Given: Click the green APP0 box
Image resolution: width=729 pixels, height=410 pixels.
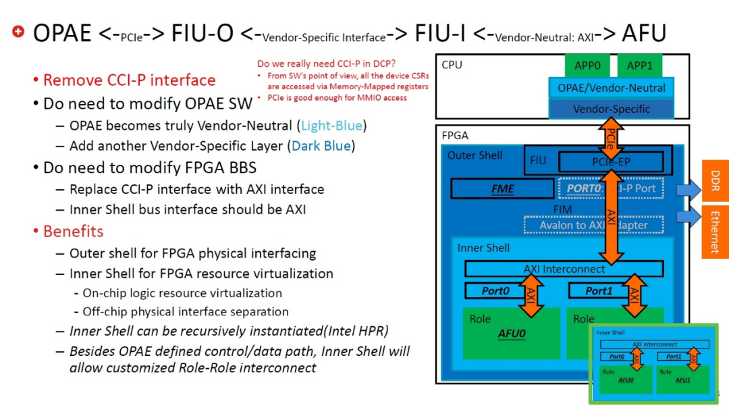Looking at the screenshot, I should (587, 66).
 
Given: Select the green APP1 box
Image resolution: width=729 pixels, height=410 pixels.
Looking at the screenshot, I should (639, 66).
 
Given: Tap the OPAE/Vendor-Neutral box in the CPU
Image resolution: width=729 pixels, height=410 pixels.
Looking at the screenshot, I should (610, 88).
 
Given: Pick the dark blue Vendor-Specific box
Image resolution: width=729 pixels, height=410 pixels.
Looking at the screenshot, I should (612, 109).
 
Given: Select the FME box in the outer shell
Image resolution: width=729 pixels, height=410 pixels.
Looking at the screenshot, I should (502, 188).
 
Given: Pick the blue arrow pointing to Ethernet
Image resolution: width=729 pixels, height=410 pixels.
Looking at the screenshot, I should (688, 217).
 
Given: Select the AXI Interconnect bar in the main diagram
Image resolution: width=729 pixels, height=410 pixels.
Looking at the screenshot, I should (564, 269).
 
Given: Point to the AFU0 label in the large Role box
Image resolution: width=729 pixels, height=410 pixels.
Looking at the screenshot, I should (512, 333).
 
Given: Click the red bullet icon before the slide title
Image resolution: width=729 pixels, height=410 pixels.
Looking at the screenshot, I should (18, 31).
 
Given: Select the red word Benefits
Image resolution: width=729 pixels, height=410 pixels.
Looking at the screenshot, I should (73, 231).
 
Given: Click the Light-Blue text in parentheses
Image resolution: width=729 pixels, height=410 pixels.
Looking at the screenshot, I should (331, 126).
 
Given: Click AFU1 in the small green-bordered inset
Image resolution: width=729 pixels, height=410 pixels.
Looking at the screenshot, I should (682, 380).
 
